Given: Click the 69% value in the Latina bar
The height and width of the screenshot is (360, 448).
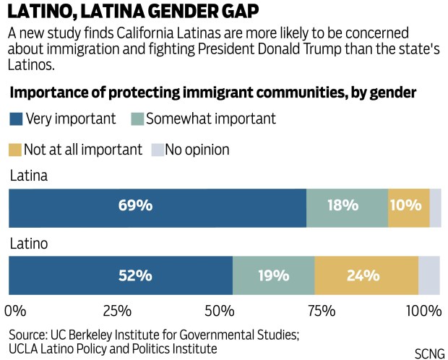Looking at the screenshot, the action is [135, 205].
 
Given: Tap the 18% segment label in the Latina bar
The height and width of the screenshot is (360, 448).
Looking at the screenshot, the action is [343, 205].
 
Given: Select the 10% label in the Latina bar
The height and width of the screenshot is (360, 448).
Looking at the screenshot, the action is [406, 205].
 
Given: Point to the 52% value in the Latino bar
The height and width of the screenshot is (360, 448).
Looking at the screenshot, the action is [135, 275].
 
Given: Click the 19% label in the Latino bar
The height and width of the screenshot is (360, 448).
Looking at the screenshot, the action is [274, 275].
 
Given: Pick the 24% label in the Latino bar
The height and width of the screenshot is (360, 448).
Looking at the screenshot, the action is [363, 275].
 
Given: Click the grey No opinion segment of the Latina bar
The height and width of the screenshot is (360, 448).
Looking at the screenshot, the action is [436, 208].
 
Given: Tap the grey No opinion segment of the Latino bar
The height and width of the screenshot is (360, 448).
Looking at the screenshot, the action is [429, 275].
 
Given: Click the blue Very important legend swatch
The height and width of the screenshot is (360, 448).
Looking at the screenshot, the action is [16, 119].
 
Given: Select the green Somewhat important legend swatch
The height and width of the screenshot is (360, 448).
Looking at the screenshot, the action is [137, 119].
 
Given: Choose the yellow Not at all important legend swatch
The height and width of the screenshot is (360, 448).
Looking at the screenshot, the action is [15, 150].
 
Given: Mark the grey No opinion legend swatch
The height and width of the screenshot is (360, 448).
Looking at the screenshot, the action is [158, 150].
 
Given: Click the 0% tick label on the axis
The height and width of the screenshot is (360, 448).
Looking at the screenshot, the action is [15, 311].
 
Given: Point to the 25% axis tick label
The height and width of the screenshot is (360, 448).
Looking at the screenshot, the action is [117, 311].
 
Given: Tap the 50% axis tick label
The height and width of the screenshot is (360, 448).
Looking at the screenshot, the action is [220, 311].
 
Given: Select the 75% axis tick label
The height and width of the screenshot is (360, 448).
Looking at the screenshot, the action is [322, 311].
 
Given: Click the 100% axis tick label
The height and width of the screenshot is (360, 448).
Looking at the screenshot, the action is [424, 311].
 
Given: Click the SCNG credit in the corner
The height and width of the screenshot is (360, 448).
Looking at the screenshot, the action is [429, 353].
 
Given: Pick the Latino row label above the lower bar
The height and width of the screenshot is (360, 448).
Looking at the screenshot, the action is [29, 244].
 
